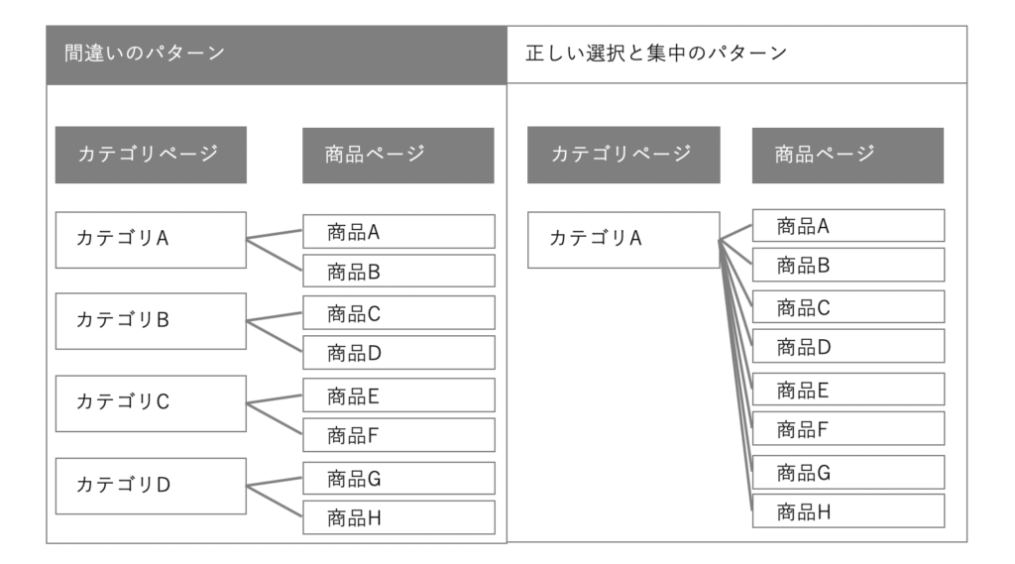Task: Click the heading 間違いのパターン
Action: (x=145, y=54)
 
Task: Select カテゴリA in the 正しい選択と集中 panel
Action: (x=623, y=239)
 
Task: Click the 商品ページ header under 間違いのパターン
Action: (x=397, y=155)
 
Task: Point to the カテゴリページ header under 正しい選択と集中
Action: (x=623, y=155)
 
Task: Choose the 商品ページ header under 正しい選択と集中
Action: (x=847, y=155)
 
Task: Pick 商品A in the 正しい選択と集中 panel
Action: (x=847, y=225)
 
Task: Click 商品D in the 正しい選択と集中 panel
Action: (x=847, y=346)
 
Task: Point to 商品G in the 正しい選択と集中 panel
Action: (x=847, y=472)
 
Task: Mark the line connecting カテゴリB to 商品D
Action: (x=275, y=337)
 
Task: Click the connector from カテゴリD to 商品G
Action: (x=275, y=482)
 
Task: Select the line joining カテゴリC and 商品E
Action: (x=275, y=399)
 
